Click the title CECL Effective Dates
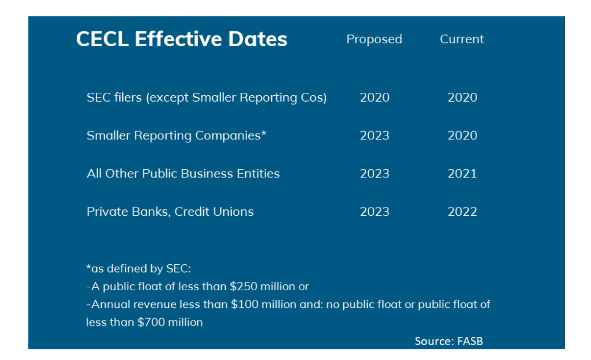[x=181, y=40]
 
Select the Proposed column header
[x=374, y=39]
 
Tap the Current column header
[x=462, y=39]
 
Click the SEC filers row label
[x=206, y=98]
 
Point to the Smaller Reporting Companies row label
[x=176, y=135]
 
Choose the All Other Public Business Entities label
[x=183, y=174]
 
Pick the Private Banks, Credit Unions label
[x=170, y=212]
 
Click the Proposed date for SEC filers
[x=375, y=98]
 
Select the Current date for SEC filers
[x=462, y=98]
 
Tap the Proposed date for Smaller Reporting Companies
[x=375, y=135]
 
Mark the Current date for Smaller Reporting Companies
[x=462, y=135]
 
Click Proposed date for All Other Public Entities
[x=375, y=174]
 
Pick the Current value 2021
[x=462, y=174]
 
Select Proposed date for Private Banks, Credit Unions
[x=375, y=212]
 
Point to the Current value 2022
[x=462, y=212]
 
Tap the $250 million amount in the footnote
[x=262, y=287]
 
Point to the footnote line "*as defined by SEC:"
[x=139, y=268]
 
